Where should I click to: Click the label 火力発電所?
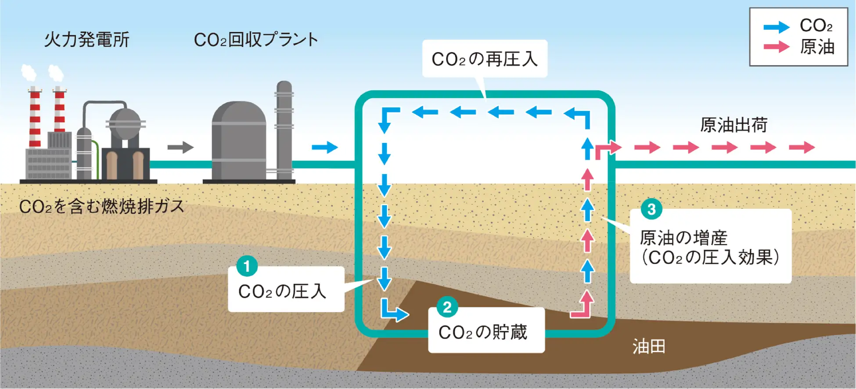pos(86,40)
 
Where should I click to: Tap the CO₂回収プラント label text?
pos(255,40)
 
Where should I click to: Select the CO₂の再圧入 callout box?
pos(485,59)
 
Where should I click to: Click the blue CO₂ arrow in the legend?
pos(776,27)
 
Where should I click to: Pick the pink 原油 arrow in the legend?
pos(776,46)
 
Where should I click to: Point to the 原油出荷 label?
pos(734,125)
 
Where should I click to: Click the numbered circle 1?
pos(247,266)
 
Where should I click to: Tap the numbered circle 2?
pos(447,307)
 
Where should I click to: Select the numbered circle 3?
pos(651,209)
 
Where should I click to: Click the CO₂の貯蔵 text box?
pos(486,332)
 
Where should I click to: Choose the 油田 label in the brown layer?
pos(649,347)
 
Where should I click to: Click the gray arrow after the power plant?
pos(180,147)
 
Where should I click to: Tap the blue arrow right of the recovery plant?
pos(325,147)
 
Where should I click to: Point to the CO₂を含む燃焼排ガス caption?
pos(102,207)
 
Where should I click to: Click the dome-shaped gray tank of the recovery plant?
pos(239,140)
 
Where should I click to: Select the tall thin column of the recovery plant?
pos(284,129)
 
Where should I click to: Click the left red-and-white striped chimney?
pos(35,116)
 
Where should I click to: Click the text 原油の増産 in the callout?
pos(683,238)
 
